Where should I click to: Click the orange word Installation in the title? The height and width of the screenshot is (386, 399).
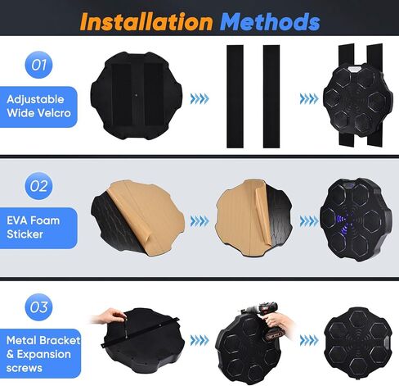tap(146, 21)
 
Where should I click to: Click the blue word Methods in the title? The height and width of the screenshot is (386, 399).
tap(270, 21)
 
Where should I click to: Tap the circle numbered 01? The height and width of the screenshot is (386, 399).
tap(38, 65)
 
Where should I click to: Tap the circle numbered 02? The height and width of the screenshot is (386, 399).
tap(38, 186)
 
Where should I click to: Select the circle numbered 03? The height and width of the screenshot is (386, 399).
tap(38, 307)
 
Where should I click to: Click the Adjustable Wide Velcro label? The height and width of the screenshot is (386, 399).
tap(38, 107)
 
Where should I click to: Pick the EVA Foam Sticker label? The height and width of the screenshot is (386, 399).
tap(38, 228)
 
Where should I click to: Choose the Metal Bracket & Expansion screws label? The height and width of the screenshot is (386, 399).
tap(40, 353)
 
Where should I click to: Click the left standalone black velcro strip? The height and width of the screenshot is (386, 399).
tap(235, 97)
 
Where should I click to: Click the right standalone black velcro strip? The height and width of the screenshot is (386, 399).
tap(271, 97)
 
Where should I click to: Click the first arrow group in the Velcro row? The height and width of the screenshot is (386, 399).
tap(199, 98)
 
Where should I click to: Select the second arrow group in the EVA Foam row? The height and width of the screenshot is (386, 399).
tap(309, 221)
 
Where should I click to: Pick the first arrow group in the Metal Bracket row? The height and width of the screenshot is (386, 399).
tap(199, 340)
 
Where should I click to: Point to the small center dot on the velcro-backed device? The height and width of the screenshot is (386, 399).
tap(137, 95)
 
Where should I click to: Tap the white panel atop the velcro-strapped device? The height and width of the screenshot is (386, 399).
tap(353, 69)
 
